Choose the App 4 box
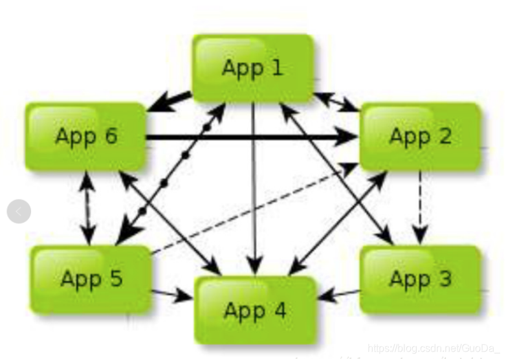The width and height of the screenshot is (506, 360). pos(255,309)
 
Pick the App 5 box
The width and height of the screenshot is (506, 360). pos(91,278)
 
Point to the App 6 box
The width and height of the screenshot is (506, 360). pos(86,136)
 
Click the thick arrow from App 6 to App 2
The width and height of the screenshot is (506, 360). pos(252,137)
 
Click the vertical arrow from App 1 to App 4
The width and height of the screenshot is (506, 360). pos(254,194)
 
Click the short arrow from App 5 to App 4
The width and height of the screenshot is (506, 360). pos(172,295)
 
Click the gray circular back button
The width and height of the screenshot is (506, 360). pos(19,211)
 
